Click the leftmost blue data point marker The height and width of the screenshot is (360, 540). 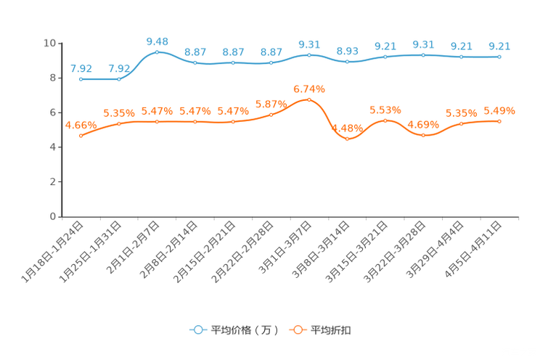click(x=81, y=78)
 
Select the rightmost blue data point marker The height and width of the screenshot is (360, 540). click(x=499, y=57)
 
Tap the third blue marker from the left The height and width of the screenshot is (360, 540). click(x=157, y=52)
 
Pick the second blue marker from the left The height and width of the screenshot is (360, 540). click(x=119, y=78)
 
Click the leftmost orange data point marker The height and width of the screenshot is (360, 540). click(x=81, y=135)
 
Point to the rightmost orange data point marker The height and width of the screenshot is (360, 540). click(x=499, y=121)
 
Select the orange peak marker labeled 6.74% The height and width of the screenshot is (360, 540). click(x=309, y=99)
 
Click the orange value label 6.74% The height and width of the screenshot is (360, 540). click(x=309, y=89)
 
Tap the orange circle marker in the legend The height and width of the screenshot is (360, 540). click(x=298, y=330)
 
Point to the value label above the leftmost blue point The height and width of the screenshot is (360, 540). click(x=81, y=68)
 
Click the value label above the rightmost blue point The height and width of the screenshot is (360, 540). click(x=499, y=46)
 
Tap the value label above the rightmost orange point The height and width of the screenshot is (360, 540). click(x=499, y=111)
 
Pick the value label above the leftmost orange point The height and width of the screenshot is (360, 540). click(x=77, y=124)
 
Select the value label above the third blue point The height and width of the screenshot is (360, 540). click(x=157, y=41)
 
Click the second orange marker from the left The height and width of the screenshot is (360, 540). click(x=119, y=124)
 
